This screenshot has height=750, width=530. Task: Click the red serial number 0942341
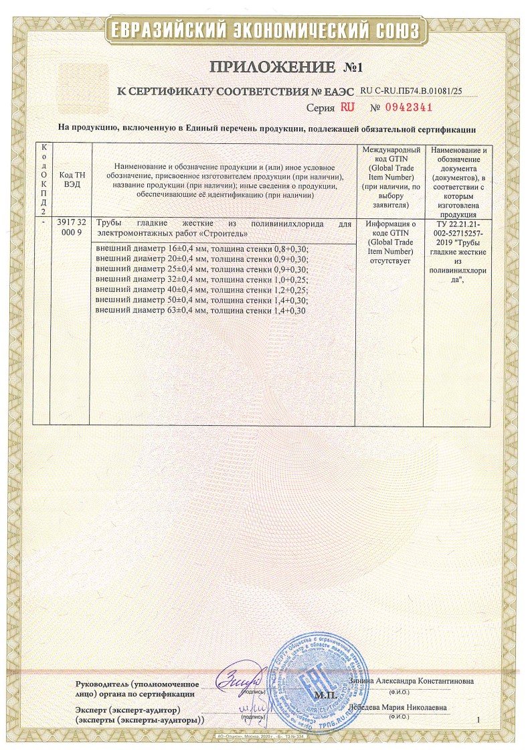408,107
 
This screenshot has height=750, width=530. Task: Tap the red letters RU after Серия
347,107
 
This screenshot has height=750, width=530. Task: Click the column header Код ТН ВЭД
70,180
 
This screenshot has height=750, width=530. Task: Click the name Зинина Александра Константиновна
412,681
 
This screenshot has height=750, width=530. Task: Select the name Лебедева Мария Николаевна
400,708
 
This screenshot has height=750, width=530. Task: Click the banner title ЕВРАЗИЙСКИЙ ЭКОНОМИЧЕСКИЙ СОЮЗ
265,31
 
